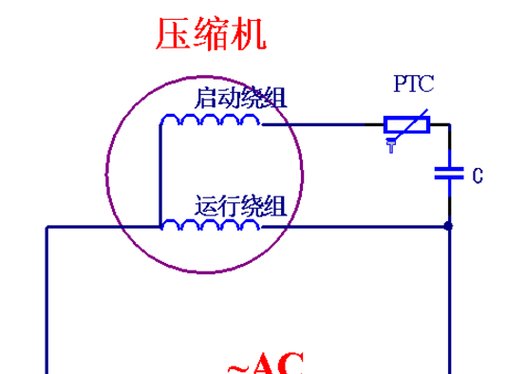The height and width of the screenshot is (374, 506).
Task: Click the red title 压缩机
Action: (211, 34)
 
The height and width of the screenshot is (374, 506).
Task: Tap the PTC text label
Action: (414, 84)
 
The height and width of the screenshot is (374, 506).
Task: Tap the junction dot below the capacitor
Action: (448, 227)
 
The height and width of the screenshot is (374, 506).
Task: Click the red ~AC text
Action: (266, 365)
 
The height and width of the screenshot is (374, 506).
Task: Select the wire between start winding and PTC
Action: (323, 124)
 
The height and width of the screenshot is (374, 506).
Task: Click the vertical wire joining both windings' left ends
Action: (159, 176)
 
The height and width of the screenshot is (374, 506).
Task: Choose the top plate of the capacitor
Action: (448, 168)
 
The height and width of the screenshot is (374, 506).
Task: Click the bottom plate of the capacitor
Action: (448, 178)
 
